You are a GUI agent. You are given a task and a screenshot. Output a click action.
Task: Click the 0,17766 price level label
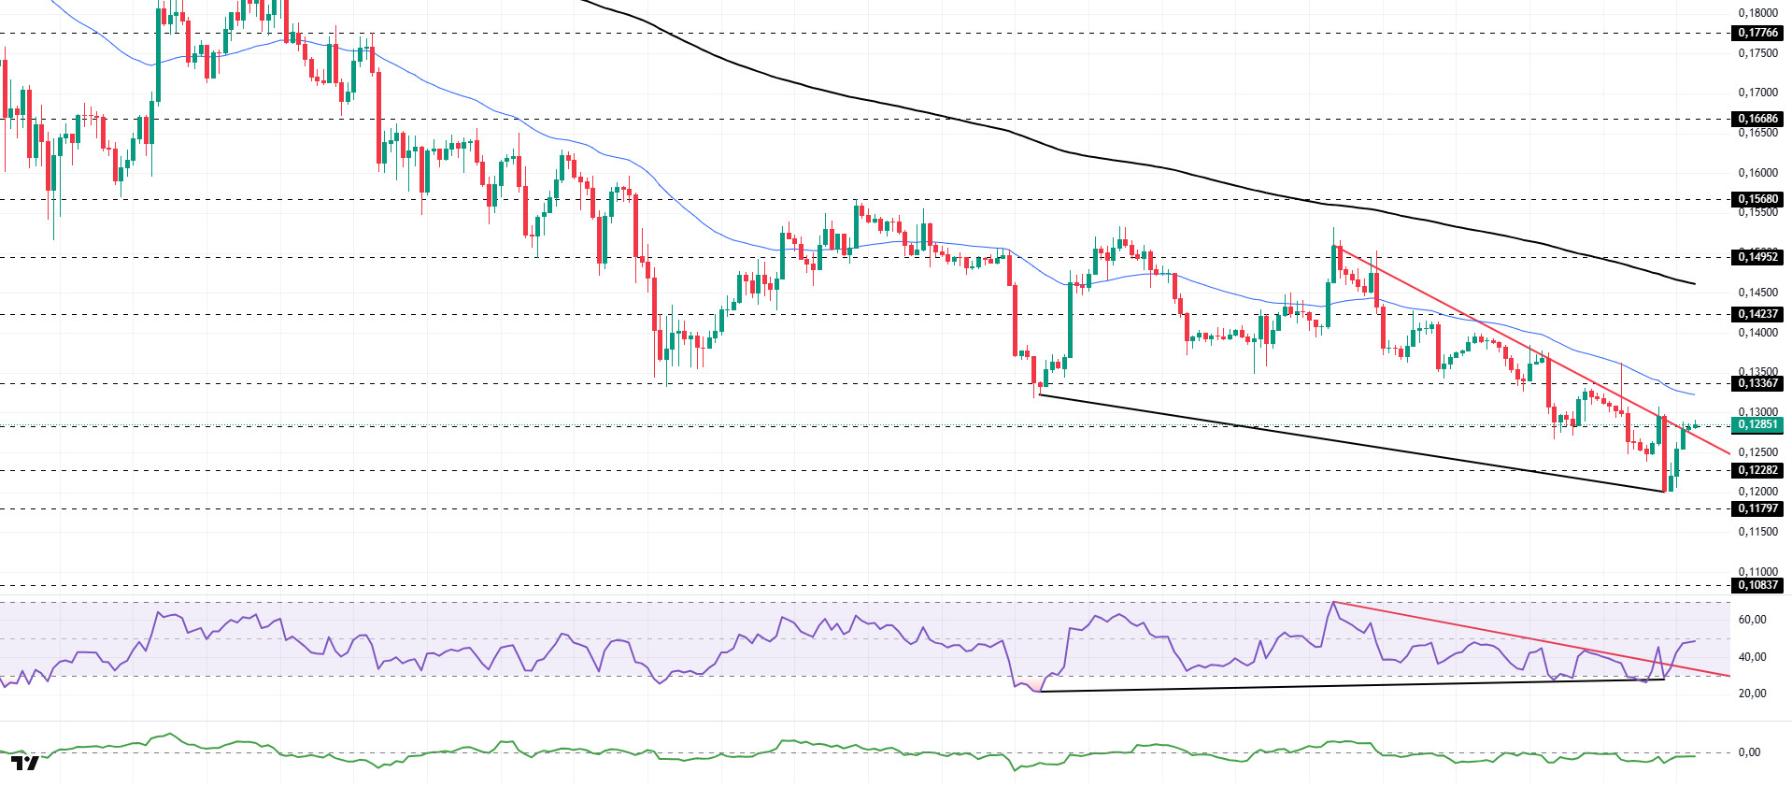click(x=1757, y=33)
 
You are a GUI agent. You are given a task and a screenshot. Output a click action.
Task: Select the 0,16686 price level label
click(x=1757, y=119)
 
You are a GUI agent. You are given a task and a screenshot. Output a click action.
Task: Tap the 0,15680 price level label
click(x=1757, y=199)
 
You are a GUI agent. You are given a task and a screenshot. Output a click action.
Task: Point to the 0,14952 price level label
click(x=1757, y=257)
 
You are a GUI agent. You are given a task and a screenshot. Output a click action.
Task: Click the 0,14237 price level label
click(x=1757, y=314)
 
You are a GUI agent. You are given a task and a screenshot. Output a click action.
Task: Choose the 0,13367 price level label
click(x=1757, y=383)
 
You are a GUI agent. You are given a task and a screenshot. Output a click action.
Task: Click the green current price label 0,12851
click(x=1757, y=424)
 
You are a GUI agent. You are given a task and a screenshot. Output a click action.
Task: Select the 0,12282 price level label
click(x=1757, y=470)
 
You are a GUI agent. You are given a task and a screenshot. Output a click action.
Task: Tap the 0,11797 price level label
click(x=1757, y=508)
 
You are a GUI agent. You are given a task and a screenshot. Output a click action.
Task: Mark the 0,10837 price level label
click(x=1757, y=585)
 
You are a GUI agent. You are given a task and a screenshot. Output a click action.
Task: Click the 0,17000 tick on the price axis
click(x=1757, y=93)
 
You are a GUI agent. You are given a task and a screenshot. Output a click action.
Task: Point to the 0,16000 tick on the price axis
click(x=1757, y=173)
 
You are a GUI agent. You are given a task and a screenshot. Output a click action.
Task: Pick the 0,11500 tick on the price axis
click(x=1757, y=532)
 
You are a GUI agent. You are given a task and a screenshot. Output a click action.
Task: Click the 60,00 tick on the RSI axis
click(x=1752, y=620)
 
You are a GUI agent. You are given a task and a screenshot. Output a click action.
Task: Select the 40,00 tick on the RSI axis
click(x=1752, y=657)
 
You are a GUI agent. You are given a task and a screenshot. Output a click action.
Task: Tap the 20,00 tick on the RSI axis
click(x=1752, y=694)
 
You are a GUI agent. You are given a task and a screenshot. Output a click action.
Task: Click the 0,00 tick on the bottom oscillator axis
click(x=1749, y=752)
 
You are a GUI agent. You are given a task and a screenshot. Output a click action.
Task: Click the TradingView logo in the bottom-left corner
click(x=25, y=764)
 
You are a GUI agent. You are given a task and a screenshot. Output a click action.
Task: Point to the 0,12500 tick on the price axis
click(x=1757, y=452)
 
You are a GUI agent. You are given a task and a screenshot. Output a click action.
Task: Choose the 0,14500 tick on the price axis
click(x=1757, y=293)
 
